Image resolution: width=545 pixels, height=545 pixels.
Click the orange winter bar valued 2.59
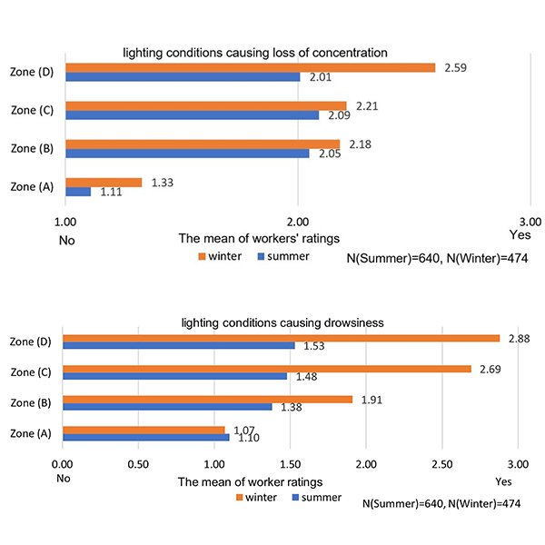pyautogui.click(x=250, y=68)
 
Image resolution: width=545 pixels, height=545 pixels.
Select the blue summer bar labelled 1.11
pyautogui.click(x=78, y=192)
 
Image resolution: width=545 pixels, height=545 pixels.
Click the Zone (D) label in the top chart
pyautogui.click(x=33, y=73)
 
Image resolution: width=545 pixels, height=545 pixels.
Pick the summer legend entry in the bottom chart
pyautogui.click(x=315, y=498)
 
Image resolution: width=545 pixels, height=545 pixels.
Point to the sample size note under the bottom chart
pyautogui.click(x=440, y=502)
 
